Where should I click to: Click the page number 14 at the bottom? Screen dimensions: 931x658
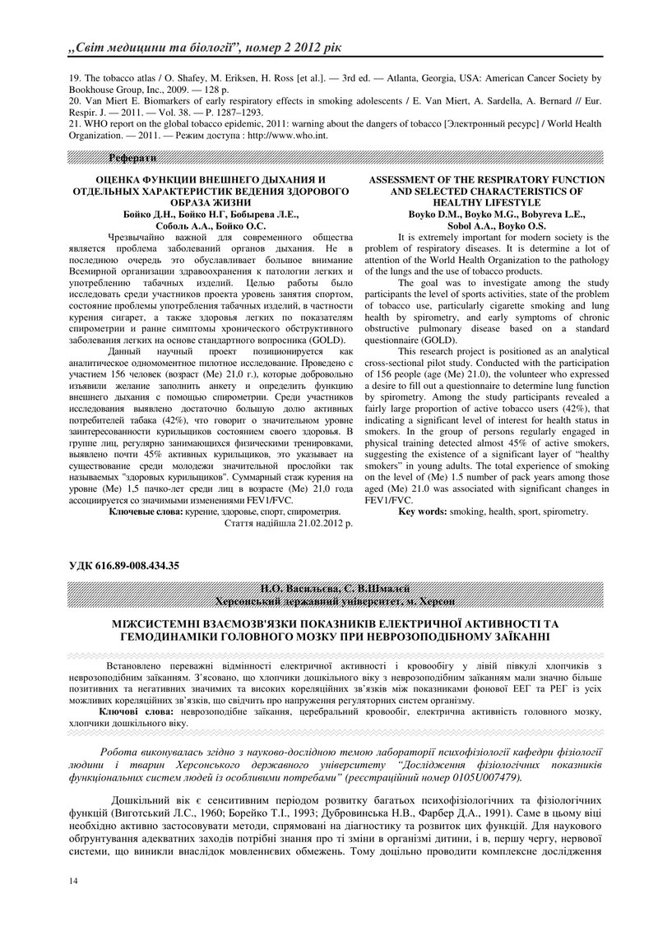(x=73, y=881)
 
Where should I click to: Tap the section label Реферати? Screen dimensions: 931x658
(x=132, y=157)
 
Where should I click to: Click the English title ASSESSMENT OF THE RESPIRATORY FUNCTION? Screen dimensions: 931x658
(x=486, y=179)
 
